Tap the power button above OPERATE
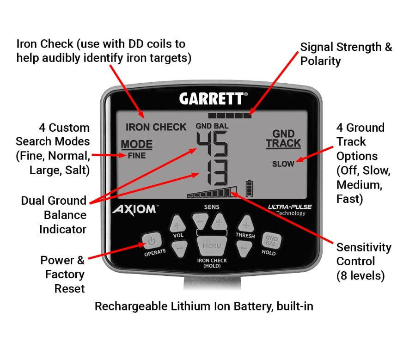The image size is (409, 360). point(153,240)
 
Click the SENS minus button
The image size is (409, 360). point(201,221)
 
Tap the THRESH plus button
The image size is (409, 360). point(245,226)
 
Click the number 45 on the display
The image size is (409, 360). point(212,144)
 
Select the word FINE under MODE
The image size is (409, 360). point(136,156)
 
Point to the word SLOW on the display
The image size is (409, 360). point(283,164)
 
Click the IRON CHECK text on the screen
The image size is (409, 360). point(156,127)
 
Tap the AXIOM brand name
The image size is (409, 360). point(134,209)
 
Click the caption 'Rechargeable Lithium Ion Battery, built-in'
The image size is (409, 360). point(204,306)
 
